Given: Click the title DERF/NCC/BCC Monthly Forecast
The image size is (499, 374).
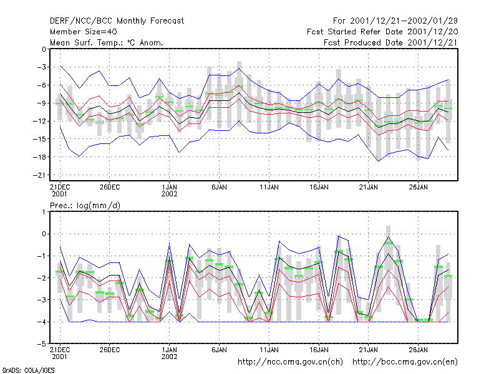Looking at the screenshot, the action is click(117, 21).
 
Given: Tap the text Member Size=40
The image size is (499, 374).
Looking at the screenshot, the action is click(84, 32).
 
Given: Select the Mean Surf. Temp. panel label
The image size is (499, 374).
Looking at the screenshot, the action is click(107, 42).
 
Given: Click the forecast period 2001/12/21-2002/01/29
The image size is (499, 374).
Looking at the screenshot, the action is click(395, 21).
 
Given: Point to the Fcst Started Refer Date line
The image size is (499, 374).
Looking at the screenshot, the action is click(382, 32).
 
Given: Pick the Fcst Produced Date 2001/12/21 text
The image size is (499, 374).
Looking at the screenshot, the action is click(390, 42).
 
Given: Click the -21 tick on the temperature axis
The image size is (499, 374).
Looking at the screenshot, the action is click(39, 175).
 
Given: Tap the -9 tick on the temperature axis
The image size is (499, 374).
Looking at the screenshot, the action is click(41, 103).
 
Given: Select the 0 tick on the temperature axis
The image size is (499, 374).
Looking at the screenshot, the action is click(44, 49).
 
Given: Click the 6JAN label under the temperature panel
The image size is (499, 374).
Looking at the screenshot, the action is click(220, 187).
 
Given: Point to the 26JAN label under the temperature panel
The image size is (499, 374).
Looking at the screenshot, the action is click(418, 187).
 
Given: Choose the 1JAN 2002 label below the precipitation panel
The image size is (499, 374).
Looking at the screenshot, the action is click(169, 353).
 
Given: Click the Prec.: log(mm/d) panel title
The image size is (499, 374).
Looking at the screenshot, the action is click(85, 206).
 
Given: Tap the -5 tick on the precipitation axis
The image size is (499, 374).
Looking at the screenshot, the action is click(41, 344).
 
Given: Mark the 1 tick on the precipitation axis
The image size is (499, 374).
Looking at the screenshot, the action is click(44, 212).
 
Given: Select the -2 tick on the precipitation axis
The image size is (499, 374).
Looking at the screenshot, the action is click(41, 277).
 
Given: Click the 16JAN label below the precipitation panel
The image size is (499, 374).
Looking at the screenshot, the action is click(319, 350).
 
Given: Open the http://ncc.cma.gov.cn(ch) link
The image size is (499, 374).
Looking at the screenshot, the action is click(290, 362).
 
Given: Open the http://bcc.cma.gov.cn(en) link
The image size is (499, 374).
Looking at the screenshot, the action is click(405, 362).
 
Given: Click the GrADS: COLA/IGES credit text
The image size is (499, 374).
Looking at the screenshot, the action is click(28, 370).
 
